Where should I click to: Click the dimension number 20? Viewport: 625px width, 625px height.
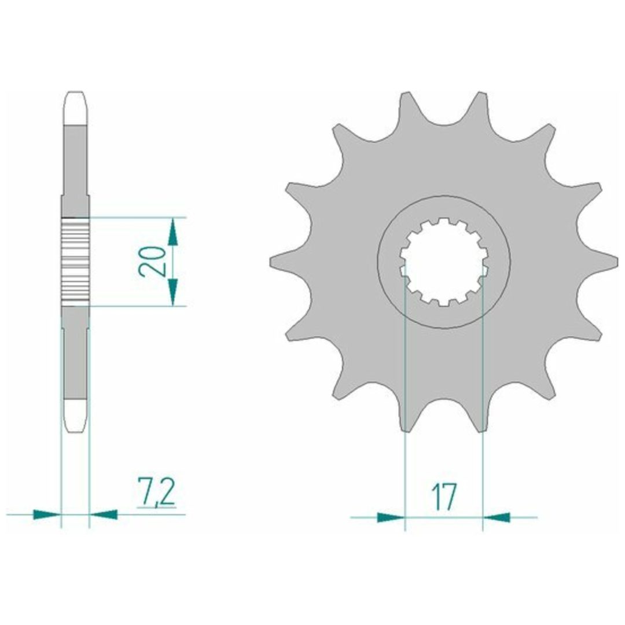tap(152, 262)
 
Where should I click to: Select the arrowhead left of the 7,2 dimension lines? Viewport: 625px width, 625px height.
tap(47, 514)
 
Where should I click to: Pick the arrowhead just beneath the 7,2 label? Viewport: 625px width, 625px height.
tap(104, 514)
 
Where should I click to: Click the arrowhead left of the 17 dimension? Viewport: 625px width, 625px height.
tap(391, 517)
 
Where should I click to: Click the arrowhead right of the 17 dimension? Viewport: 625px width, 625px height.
tap(497, 517)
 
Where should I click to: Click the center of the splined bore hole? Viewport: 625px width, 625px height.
tap(444, 262)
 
